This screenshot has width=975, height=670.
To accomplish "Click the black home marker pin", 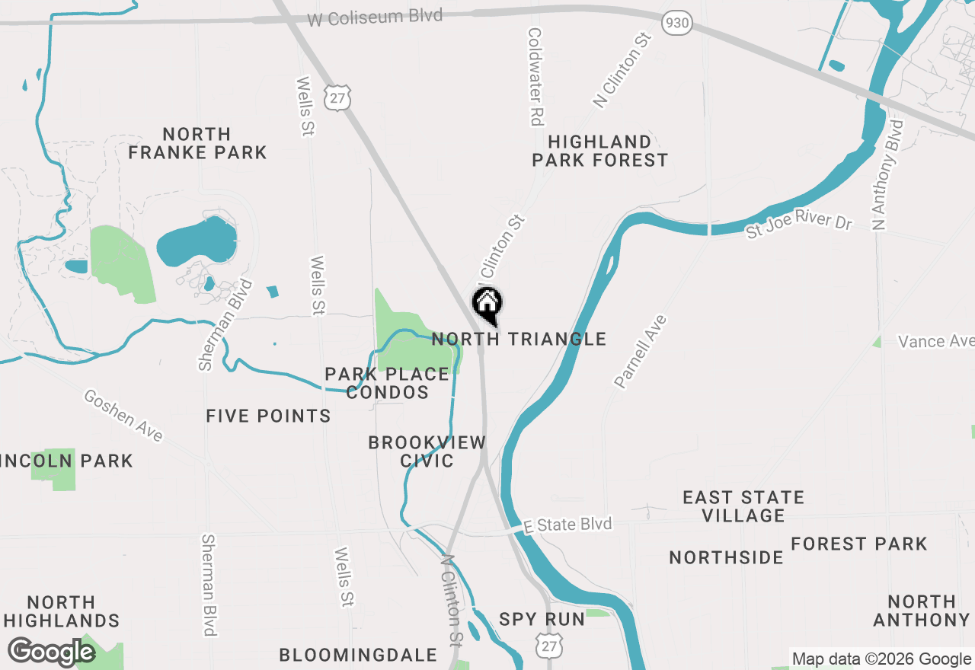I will tap(487, 305).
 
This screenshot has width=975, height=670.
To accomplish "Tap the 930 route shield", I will tap(676, 24).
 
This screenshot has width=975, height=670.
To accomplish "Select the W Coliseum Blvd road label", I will tap(375, 18).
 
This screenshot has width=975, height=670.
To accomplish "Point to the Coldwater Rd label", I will tap(535, 77).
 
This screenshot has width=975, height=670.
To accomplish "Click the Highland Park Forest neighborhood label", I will tap(599, 151).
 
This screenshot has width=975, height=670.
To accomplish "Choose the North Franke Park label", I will tap(197, 143).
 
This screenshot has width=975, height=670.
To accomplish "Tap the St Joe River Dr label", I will tap(798, 224).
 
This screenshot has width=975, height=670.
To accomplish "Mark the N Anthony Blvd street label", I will tap(888, 174).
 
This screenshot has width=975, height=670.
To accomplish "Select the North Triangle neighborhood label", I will tap(519, 339).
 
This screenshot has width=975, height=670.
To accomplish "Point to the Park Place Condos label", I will tap(387, 383).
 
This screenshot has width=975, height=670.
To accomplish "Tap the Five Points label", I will tap(268, 416).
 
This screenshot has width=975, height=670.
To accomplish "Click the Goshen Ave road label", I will tap(123, 416).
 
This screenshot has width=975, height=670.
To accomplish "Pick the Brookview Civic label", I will tap(427, 451).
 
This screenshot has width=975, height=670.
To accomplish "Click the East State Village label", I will tap(743, 506).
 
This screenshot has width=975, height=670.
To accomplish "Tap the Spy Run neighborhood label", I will tap(542, 619).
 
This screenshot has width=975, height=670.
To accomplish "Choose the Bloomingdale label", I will tap(358, 655).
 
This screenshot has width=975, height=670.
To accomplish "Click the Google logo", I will tap(51, 652).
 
